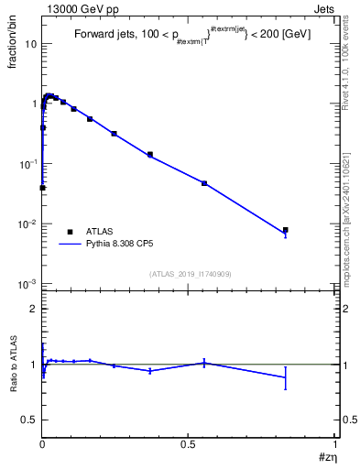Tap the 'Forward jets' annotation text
coord(103,34)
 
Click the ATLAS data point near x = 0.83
coord(286,230)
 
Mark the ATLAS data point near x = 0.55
coord(204,183)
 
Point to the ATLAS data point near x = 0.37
coord(149,154)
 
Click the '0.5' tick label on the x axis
coord(188,443)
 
